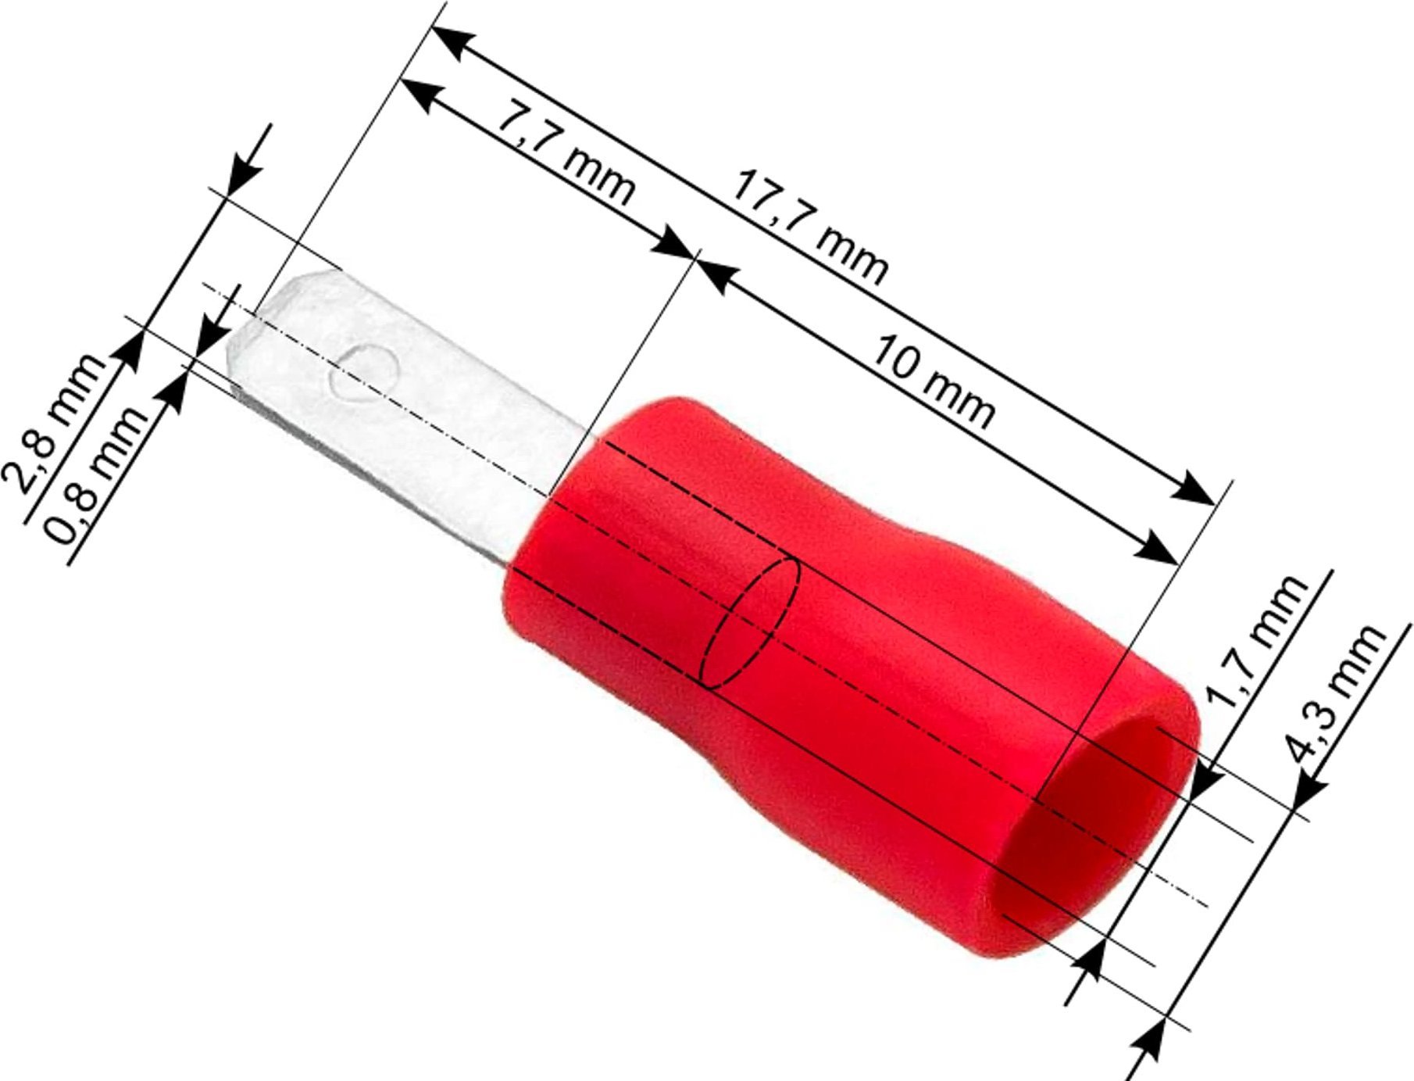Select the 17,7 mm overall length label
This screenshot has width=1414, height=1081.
(x=809, y=227)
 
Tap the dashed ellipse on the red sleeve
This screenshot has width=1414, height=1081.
(x=753, y=622)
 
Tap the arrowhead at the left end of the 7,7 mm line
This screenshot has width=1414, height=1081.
(x=423, y=95)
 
